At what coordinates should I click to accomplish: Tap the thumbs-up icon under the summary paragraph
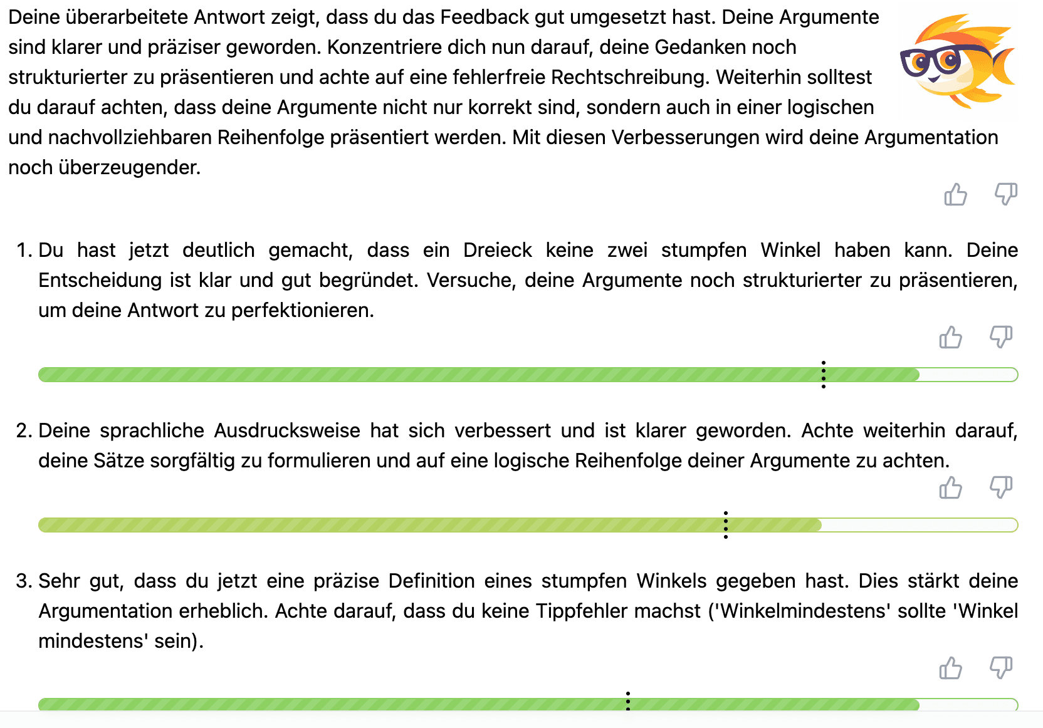pos(955,195)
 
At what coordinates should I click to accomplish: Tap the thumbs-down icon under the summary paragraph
pos(1005,194)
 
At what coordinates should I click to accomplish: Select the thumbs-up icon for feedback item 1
pos(950,338)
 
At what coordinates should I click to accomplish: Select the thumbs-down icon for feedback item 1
pos(1000,336)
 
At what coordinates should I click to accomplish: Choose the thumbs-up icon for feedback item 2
pos(950,488)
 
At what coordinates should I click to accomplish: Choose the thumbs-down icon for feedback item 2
pos(1000,487)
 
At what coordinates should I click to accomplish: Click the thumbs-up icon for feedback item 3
pos(950,668)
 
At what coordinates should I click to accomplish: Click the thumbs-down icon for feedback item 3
pos(1000,667)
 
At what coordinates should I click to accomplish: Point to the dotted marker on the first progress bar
pos(823,375)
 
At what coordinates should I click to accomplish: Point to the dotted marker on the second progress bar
pos(725,525)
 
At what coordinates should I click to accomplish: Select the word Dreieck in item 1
pos(497,250)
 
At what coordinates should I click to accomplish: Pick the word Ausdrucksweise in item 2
pos(287,430)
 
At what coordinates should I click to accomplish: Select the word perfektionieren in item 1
pos(302,310)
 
